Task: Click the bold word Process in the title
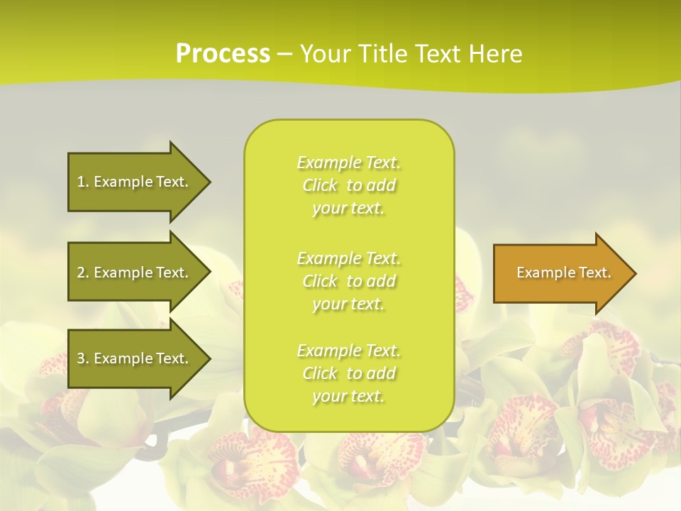(223, 54)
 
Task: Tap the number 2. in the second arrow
(83, 273)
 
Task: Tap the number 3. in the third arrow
(83, 358)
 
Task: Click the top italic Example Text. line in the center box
(348, 163)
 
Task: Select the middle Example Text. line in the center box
(348, 258)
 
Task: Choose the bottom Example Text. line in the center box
(348, 351)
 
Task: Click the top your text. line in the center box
(348, 209)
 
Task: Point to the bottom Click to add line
(348, 373)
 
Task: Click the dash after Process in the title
(284, 54)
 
